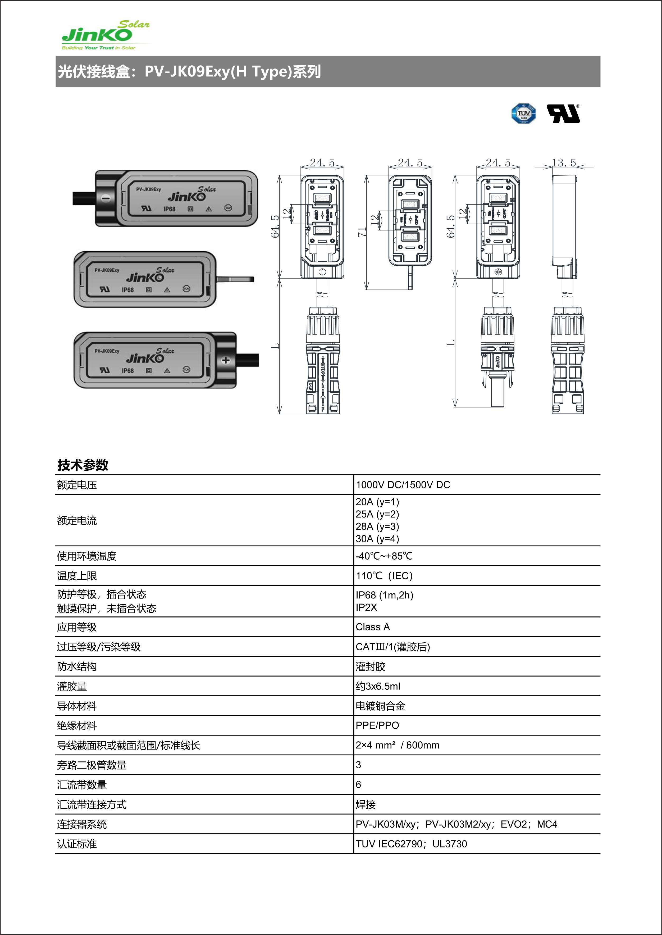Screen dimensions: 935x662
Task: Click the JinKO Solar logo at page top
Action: pos(105,35)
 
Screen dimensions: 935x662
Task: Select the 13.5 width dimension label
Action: pos(564,163)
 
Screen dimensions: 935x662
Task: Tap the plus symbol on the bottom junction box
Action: pos(226,360)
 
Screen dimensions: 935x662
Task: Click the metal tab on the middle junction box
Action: pos(235,279)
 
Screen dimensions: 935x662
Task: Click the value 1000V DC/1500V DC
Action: pos(403,485)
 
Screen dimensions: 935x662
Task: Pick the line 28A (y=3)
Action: pos(377,526)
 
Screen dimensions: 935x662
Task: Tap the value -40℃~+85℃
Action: pos(384,556)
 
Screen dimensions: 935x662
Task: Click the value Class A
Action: pos(373,627)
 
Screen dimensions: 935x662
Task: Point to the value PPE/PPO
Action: pos(377,725)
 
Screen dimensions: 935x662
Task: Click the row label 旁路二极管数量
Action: pos(92,765)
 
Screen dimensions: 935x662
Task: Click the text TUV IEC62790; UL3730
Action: pos(411,844)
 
